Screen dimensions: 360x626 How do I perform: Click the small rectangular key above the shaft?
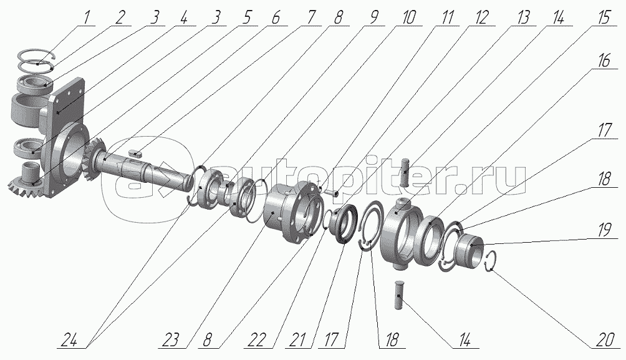(x=137, y=150)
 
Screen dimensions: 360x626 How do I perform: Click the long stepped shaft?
(x=143, y=170)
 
